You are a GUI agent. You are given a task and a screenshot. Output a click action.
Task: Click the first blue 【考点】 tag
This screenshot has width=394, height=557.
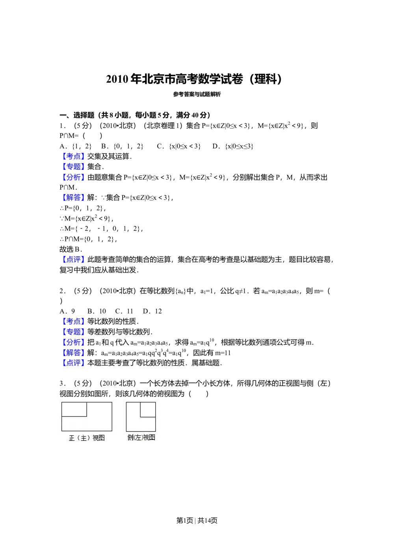(74, 156)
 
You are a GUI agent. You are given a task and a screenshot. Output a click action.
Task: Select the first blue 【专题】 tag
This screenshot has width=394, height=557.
(74, 167)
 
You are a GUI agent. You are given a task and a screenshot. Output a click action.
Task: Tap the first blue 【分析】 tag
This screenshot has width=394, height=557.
(74, 178)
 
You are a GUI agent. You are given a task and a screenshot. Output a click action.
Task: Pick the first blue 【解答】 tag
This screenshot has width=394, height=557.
(74, 197)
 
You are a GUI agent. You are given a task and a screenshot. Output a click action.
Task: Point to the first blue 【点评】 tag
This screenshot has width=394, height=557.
(74, 260)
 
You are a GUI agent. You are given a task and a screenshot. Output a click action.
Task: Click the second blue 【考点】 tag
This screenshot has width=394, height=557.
(74, 321)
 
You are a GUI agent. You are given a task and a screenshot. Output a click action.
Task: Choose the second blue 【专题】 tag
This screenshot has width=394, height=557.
(74, 332)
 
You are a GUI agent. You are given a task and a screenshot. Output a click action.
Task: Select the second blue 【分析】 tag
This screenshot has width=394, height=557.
(74, 342)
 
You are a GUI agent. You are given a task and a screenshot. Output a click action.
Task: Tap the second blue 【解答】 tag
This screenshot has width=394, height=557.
(74, 353)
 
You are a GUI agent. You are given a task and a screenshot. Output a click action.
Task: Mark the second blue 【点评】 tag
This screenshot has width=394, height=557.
(74, 363)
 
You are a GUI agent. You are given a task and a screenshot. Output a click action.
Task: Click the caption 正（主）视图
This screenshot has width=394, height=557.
(87, 438)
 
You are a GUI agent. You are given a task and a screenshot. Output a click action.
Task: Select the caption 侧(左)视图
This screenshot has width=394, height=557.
(141, 438)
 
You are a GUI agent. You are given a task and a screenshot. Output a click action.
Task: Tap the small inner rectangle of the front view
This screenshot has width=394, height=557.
(74, 409)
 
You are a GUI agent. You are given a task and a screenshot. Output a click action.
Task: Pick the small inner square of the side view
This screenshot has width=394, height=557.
(148, 410)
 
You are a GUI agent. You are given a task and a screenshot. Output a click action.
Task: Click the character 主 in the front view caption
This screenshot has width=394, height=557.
(84, 438)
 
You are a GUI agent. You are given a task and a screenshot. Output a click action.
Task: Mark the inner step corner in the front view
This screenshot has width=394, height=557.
(87, 416)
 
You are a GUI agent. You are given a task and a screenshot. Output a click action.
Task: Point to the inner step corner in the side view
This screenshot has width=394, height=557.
(141, 417)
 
